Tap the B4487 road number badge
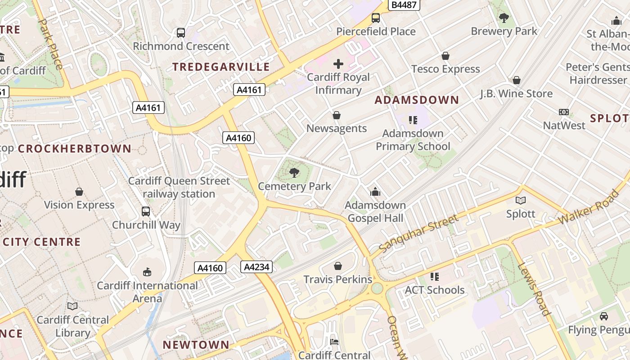[x=404, y=5]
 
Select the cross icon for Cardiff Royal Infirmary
[x=338, y=64]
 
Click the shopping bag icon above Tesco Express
[x=445, y=56]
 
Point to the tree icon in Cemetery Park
[x=294, y=172]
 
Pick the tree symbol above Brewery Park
[x=504, y=18]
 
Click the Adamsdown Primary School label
[x=413, y=140]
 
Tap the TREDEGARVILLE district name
[x=221, y=67]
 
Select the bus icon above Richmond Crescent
[x=181, y=33]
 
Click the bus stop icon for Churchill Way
[x=146, y=211]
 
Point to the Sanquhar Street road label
[x=418, y=233]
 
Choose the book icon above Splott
[x=521, y=201]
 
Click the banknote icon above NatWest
[x=564, y=112]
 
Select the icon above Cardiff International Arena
[x=147, y=272]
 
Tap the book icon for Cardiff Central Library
[x=72, y=306]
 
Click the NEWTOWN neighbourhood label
[x=196, y=345]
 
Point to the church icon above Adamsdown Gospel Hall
[x=375, y=192]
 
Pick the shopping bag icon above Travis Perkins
[x=338, y=266]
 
